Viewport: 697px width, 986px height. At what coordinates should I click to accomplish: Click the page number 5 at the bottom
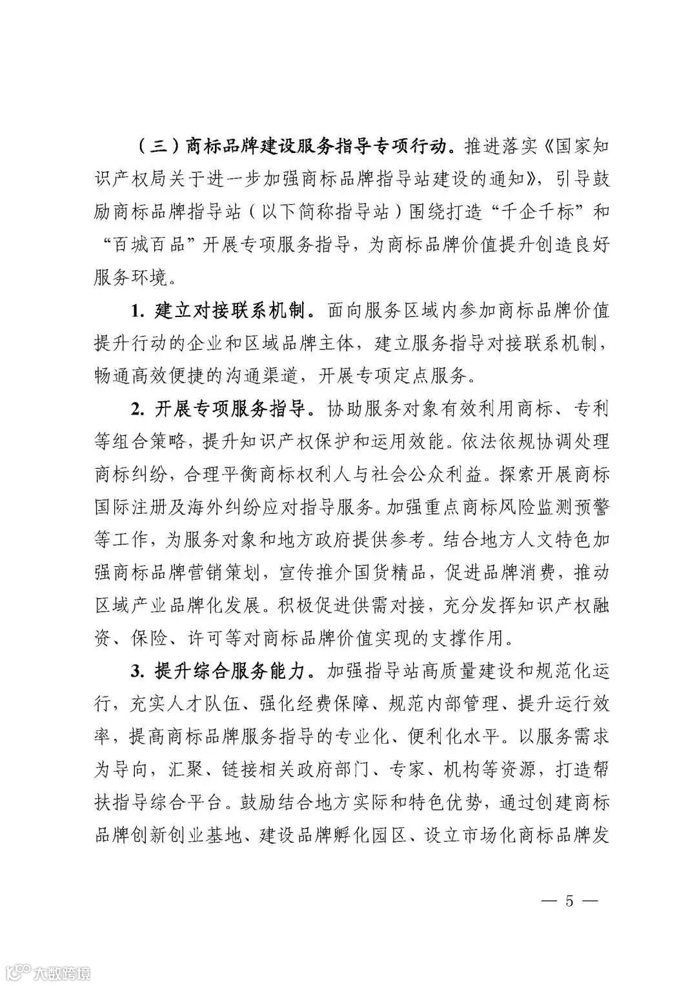click(x=569, y=901)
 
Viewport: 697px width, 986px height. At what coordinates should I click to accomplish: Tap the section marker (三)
click(x=158, y=145)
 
